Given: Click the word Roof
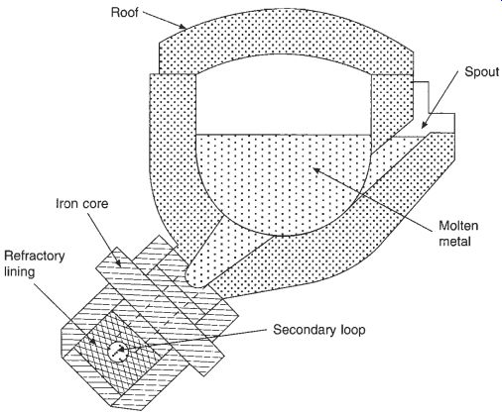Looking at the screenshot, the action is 125,13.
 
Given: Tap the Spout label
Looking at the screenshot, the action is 481,71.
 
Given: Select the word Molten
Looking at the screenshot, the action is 458,226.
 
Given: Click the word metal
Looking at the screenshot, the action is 454,242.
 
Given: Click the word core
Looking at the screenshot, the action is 95,204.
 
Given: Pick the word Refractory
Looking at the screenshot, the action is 35,257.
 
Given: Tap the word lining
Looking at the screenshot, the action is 19,272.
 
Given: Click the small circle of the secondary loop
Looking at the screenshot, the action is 118,352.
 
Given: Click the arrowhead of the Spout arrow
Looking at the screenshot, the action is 425,125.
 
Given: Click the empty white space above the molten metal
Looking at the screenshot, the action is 284,99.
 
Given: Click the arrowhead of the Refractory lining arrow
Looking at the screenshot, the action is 93,341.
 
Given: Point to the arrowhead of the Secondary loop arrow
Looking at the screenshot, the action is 122,350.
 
